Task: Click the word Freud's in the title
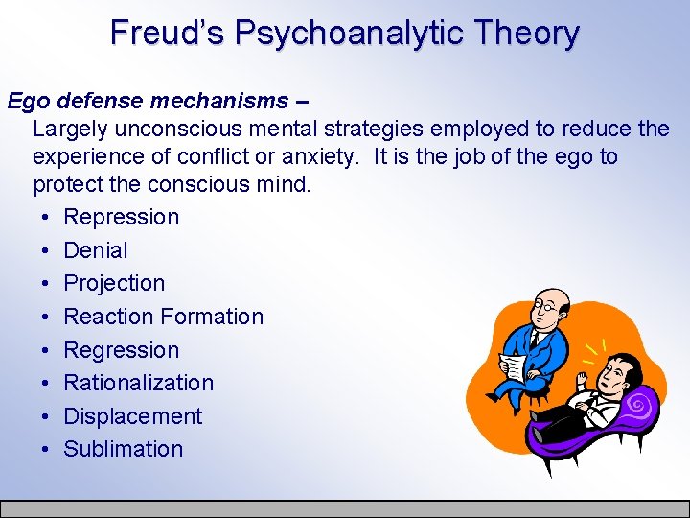click(168, 33)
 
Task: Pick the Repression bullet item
click(121, 217)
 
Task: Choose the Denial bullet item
click(95, 250)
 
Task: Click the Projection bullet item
click(114, 283)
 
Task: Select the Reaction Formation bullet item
click(163, 317)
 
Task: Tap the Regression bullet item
click(121, 349)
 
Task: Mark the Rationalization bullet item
click(138, 383)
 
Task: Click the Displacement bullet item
click(132, 416)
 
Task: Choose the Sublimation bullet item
click(123, 449)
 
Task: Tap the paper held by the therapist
click(513, 367)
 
